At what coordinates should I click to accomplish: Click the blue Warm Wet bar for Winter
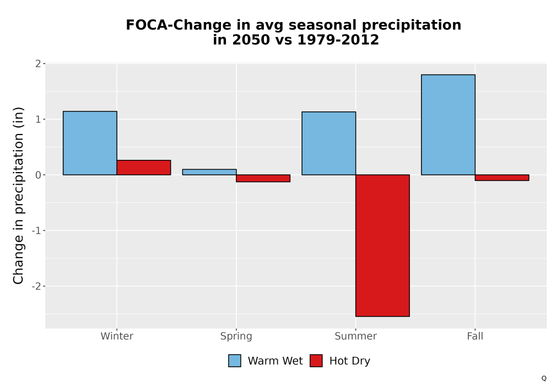[x=90, y=143]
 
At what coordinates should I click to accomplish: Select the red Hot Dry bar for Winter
[x=144, y=168]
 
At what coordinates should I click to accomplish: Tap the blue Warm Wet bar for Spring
[x=209, y=172]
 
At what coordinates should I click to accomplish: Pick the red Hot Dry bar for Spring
[x=263, y=178]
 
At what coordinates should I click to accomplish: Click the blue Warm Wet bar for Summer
[x=328, y=143]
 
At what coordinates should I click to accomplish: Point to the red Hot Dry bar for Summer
[x=383, y=245]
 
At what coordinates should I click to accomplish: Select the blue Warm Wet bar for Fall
[x=448, y=125]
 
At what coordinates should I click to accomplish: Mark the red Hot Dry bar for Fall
[x=502, y=178]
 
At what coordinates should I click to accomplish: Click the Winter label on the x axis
[x=117, y=336]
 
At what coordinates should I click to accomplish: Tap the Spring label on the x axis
[x=236, y=336]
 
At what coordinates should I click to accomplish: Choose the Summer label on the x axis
[x=355, y=336]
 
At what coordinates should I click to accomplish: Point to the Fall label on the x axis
[x=475, y=336]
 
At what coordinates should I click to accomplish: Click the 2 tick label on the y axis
[x=39, y=63]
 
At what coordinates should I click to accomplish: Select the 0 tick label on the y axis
[x=39, y=175]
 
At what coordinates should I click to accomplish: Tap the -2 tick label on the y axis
[x=36, y=286]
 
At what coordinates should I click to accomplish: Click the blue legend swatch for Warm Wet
[x=235, y=361]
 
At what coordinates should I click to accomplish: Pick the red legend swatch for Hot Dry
[x=316, y=361]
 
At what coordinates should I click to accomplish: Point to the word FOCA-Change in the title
[x=171, y=25]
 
